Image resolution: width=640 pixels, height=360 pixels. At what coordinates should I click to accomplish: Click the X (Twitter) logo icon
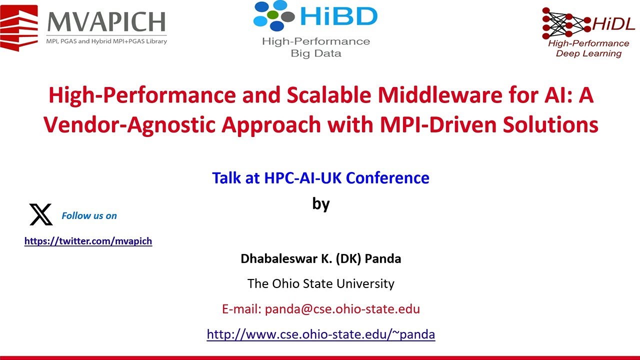(41, 214)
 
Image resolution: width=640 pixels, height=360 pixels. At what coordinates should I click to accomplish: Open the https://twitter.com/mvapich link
(88, 241)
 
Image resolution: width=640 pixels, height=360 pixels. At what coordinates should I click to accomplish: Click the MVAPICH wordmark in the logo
(106, 22)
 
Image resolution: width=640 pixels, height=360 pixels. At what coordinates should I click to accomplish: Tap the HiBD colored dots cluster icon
(274, 16)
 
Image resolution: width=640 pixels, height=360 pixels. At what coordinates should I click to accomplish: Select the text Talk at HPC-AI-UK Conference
(320, 177)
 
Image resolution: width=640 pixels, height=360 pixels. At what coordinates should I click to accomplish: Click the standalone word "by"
(320, 203)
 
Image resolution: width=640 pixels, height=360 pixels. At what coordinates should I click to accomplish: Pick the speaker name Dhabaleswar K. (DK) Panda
(320, 258)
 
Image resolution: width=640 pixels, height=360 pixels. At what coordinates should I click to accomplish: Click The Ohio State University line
(320, 283)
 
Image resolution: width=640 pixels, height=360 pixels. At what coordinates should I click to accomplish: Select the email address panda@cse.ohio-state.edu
(342, 308)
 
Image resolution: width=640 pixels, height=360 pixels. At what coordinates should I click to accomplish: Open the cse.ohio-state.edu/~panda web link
(320, 334)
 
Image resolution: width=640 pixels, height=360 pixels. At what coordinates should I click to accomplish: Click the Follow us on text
(89, 215)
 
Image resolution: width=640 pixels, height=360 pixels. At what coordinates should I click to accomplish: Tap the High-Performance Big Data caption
(316, 47)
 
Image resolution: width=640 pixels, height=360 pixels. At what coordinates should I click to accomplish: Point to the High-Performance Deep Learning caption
(588, 48)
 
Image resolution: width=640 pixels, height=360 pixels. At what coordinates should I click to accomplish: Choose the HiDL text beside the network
(613, 23)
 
